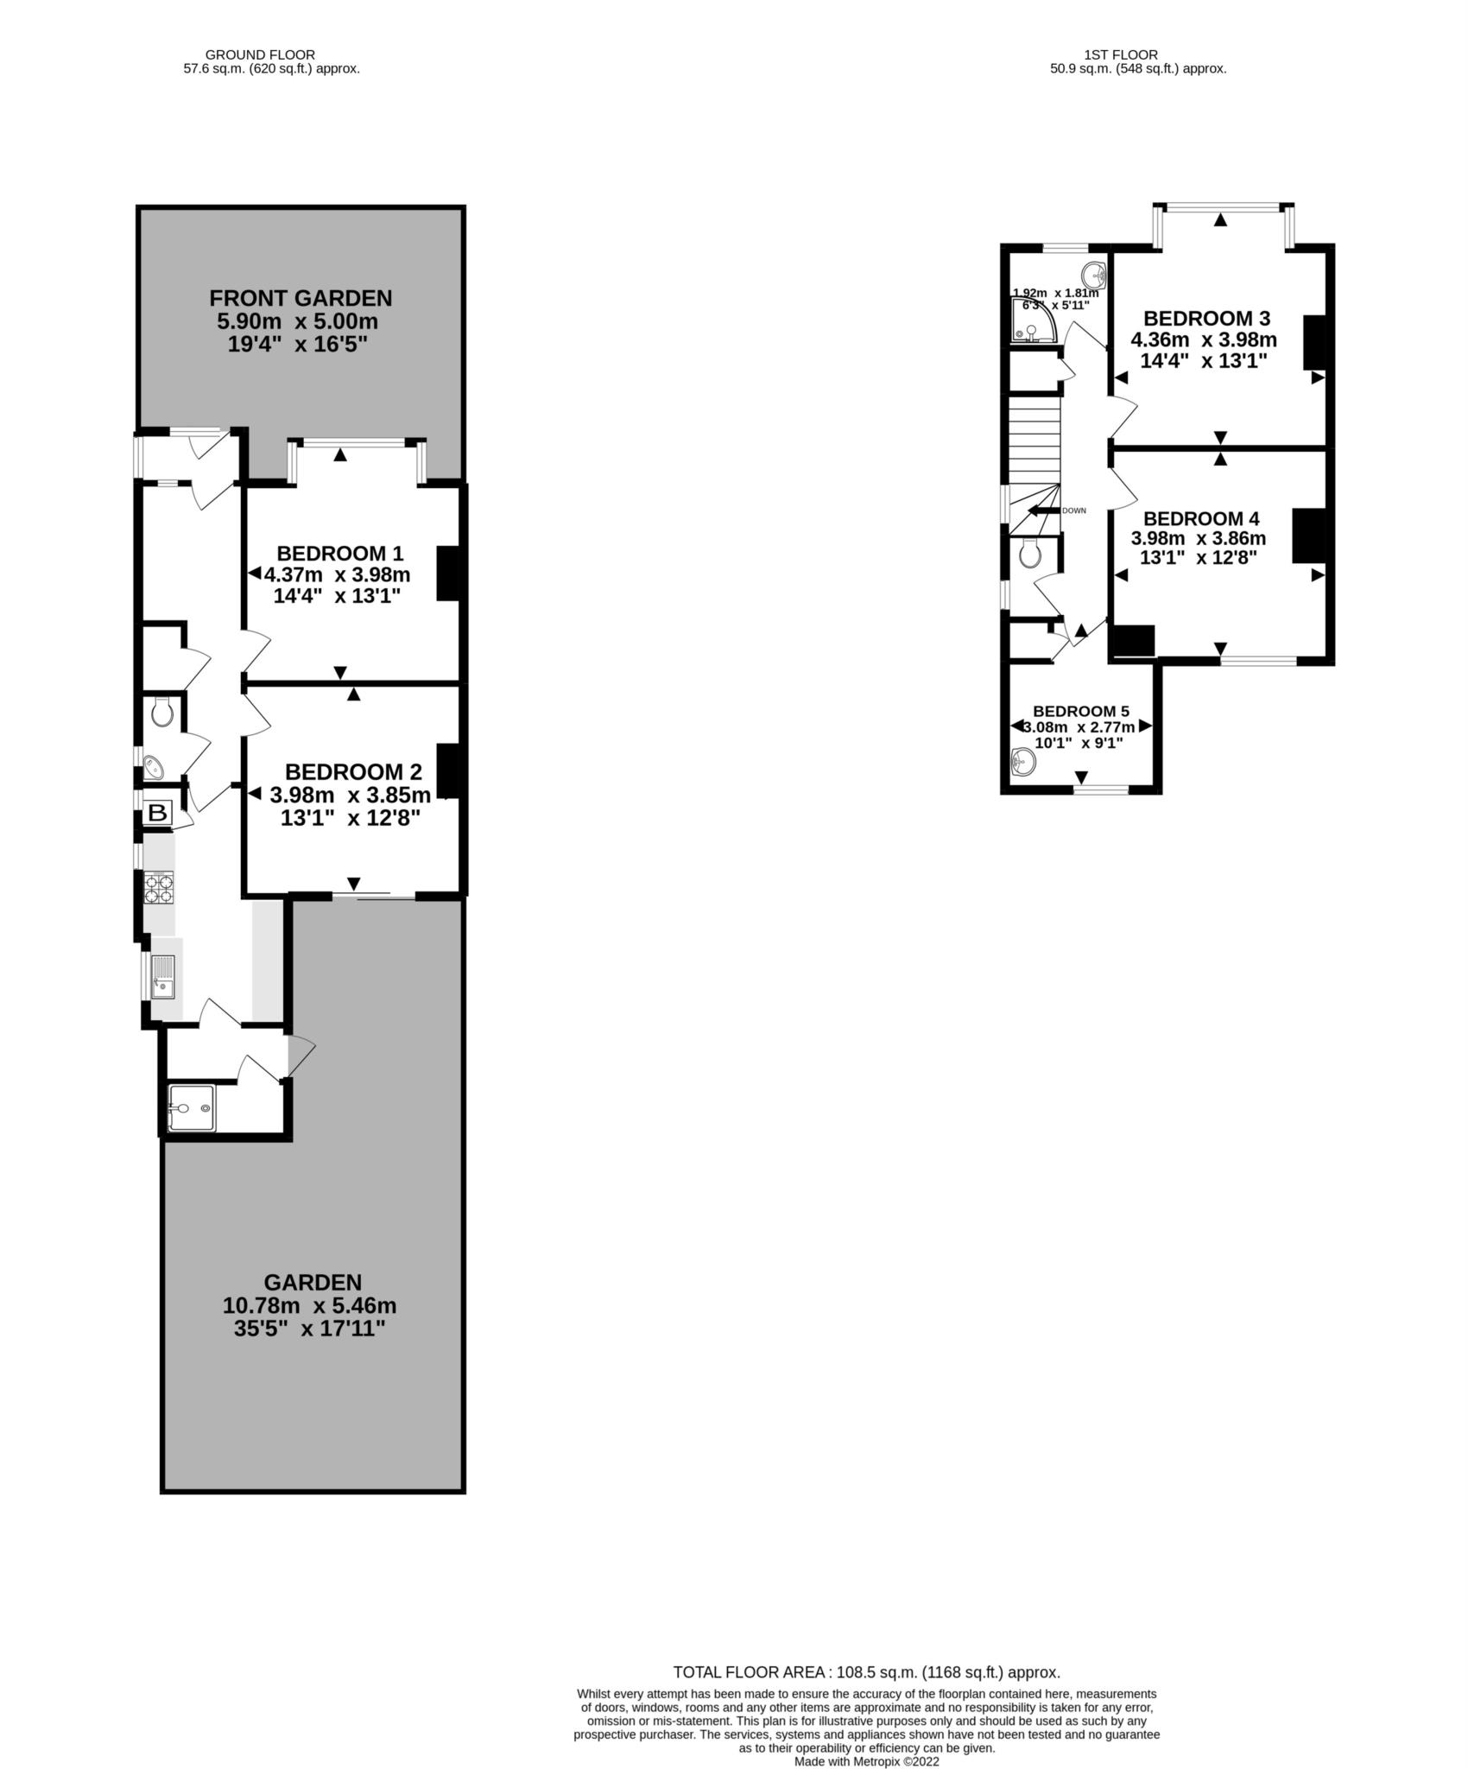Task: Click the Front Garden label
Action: tap(301, 298)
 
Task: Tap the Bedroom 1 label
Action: tap(339, 553)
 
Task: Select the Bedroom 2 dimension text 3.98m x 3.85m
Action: tap(351, 795)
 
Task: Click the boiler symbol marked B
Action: tap(158, 813)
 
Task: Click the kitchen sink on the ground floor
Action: tap(162, 977)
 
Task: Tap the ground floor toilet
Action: tap(161, 713)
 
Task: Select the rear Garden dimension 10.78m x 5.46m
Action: tap(310, 1305)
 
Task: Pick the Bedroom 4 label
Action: tap(1201, 518)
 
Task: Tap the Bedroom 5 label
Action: tap(1081, 711)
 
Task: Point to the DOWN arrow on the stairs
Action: tap(1044, 510)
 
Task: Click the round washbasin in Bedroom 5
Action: tap(1024, 761)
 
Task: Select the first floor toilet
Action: tap(1030, 554)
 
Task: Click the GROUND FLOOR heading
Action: tap(260, 54)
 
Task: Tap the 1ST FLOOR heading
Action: tap(1121, 54)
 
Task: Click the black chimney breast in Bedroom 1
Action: tap(447, 573)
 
